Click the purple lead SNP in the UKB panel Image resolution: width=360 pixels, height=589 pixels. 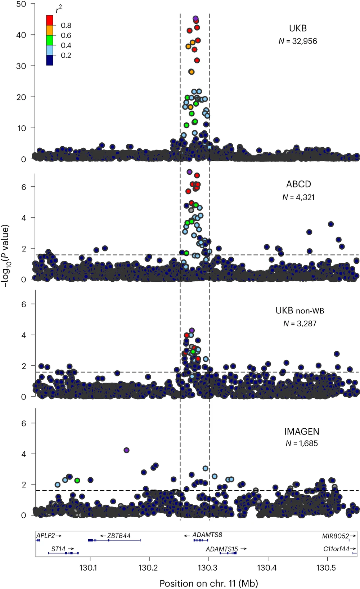coord(195,18)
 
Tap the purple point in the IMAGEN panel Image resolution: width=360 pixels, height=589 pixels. coord(126,450)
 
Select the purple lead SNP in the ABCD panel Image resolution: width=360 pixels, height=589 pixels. coord(190,172)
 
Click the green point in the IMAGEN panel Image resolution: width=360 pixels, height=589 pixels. coord(77,480)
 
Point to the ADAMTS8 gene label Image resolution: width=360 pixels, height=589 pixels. coord(207,535)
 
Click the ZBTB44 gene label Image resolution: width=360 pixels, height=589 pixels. coord(119,536)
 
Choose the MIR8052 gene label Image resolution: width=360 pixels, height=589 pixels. coord(335,536)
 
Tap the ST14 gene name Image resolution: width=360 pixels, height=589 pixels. coord(58,549)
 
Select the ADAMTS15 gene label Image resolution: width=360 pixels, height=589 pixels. coord(222,549)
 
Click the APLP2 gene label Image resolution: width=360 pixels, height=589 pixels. coord(46,536)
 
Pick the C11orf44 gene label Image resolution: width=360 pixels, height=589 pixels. coord(336,549)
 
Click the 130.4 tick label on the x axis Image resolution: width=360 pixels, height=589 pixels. coord(266,568)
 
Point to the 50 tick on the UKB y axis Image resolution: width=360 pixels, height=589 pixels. coord(21,4)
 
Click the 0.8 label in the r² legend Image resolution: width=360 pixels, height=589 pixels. coord(66,26)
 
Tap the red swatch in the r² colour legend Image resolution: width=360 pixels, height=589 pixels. coord(50,20)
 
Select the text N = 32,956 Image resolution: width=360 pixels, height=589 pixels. coord(298,41)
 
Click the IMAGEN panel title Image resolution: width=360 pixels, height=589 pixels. coord(302,432)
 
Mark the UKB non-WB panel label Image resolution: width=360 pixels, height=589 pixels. coord(300,311)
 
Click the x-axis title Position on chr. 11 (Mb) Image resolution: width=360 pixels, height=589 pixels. coord(208,583)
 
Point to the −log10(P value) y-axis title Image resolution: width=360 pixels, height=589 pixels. coord(5,256)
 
